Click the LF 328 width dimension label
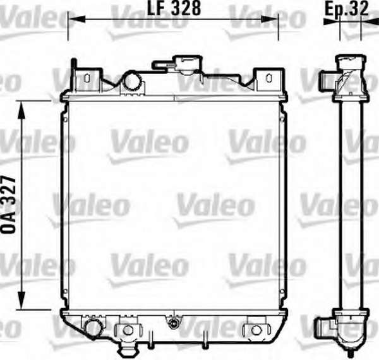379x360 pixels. [174, 9]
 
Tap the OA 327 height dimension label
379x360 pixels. [9, 205]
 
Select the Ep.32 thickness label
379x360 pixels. [347, 9]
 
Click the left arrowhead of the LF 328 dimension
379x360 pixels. [76, 19]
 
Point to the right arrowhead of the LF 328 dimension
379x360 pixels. [270, 19]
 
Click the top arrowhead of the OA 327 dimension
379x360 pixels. [21, 110]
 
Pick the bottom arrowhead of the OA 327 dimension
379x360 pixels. [21, 301]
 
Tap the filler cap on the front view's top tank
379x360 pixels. [188, 63]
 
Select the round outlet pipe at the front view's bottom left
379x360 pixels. [93, 327]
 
